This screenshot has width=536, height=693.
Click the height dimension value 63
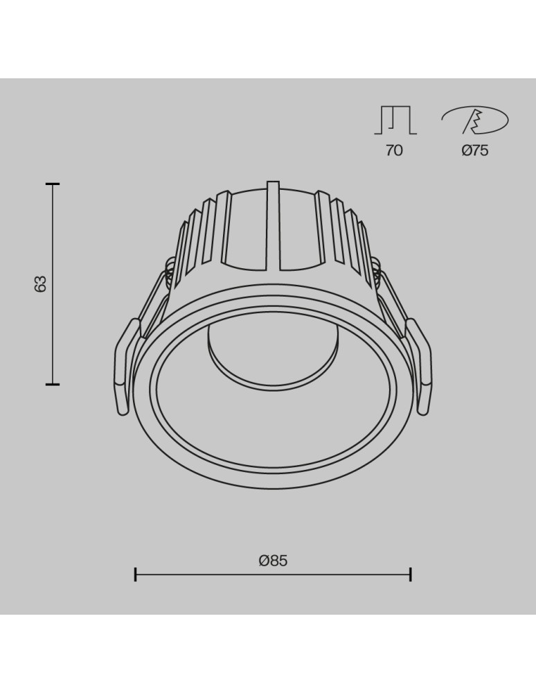[x=41, y=283]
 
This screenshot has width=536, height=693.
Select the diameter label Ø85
[x=273, y=561]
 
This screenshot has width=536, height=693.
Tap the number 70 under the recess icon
[x=393, y=150]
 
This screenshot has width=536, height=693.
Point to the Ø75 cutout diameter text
[x=475, y=150]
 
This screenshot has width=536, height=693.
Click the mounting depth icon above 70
[x=395, y=121]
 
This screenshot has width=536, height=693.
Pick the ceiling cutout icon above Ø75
[x=475, y=121]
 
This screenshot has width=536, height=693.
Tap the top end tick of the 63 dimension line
[x=53, y=184]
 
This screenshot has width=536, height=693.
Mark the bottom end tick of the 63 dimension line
[x=53, y=383]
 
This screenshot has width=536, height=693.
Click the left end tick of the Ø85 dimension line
[x=136, y=574]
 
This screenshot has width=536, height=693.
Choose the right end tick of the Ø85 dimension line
[x=411, y=574]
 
